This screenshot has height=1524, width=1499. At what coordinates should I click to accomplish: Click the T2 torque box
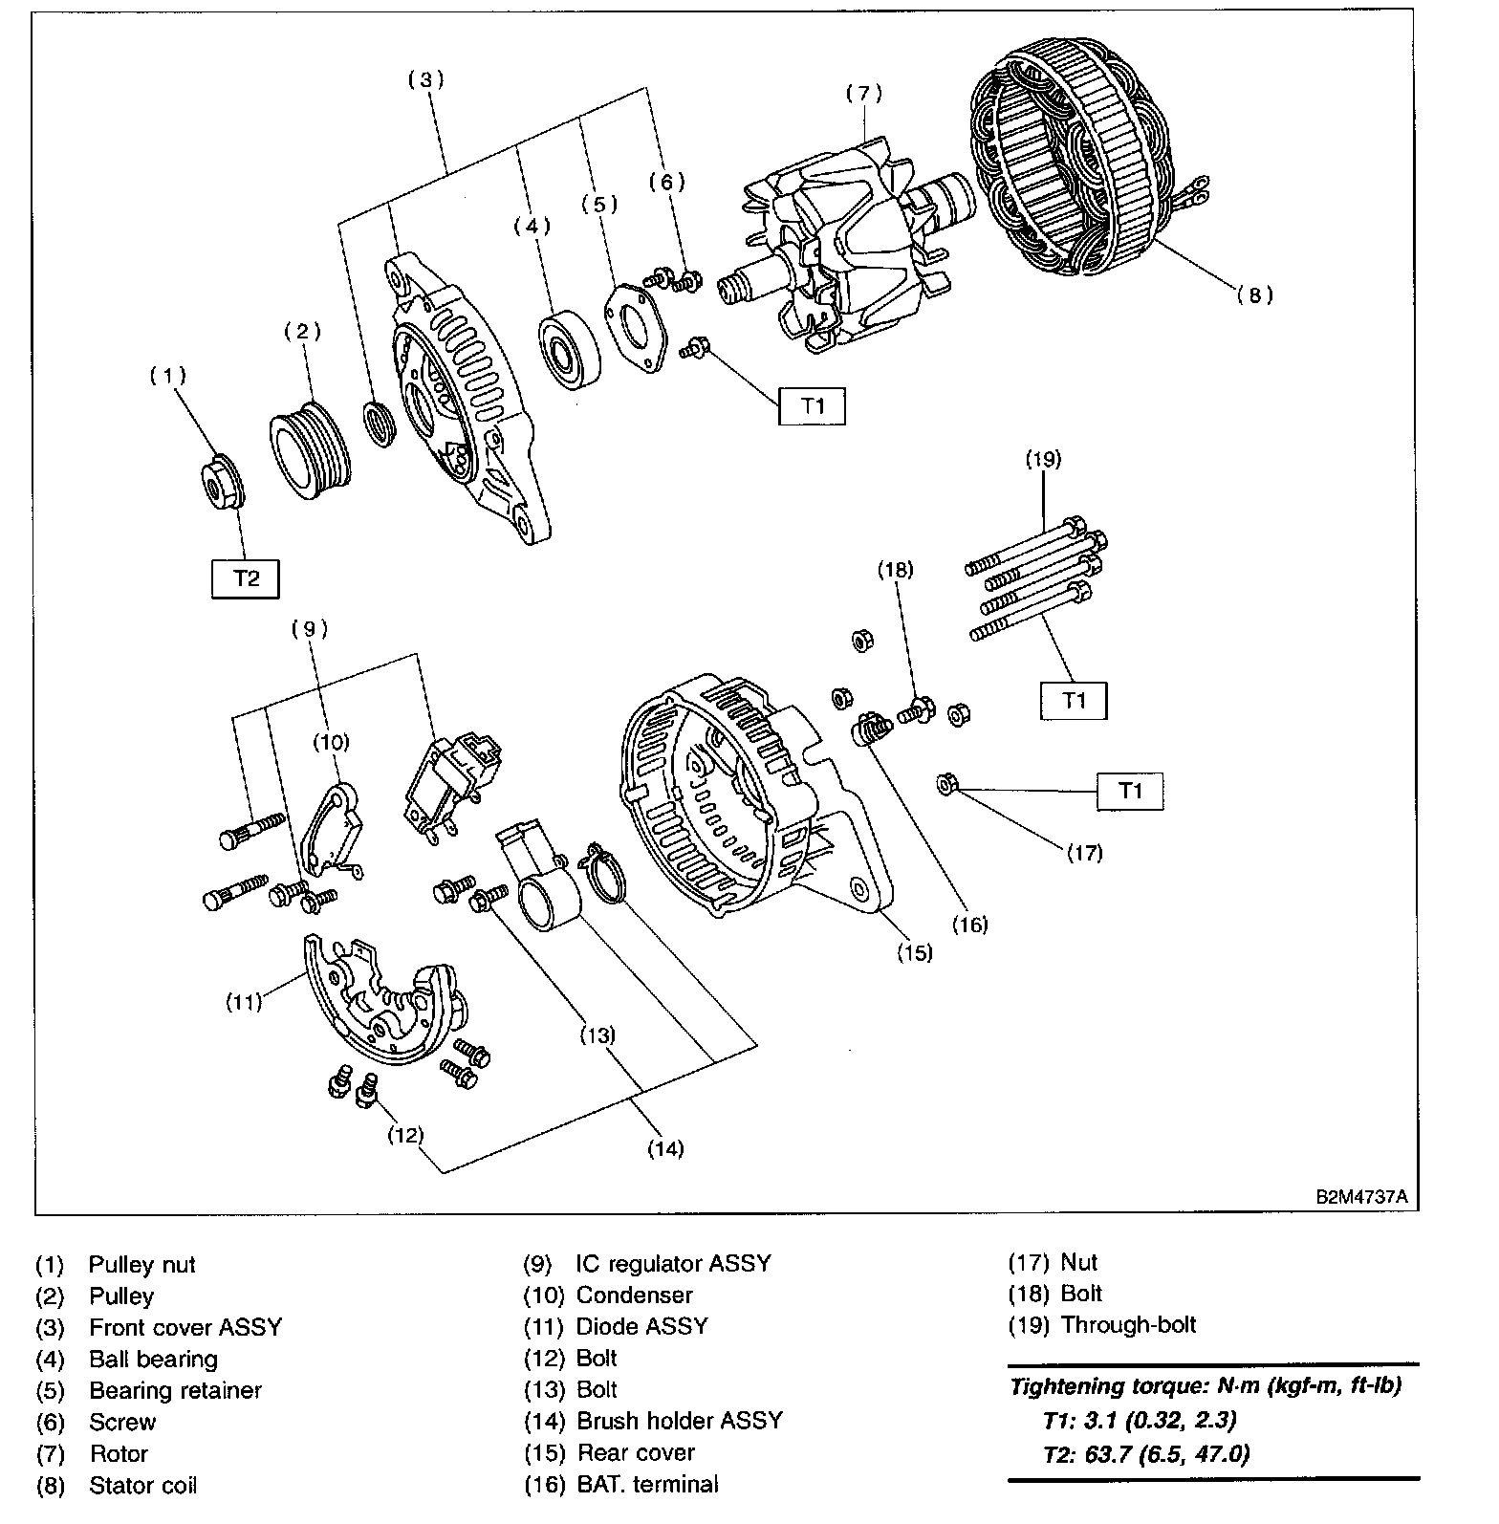[x=246, y=578]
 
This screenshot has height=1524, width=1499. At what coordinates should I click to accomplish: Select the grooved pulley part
[x=308, y=456]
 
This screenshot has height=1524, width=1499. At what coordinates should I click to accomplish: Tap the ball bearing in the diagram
[x=568, y=351]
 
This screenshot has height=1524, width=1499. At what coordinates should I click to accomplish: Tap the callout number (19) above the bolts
[x=1043, y=459]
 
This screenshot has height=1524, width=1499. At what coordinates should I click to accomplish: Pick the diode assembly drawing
[x=382, y=999]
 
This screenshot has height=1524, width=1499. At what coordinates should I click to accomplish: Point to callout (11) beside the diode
[x=244, y=1003]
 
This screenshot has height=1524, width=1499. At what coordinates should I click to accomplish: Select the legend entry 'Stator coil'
[x=142, y=1486]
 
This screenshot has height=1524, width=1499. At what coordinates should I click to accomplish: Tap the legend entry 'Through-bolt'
[x=1128, y=1325]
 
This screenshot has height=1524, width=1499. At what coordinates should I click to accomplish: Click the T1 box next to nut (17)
[x=1130, y=792]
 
